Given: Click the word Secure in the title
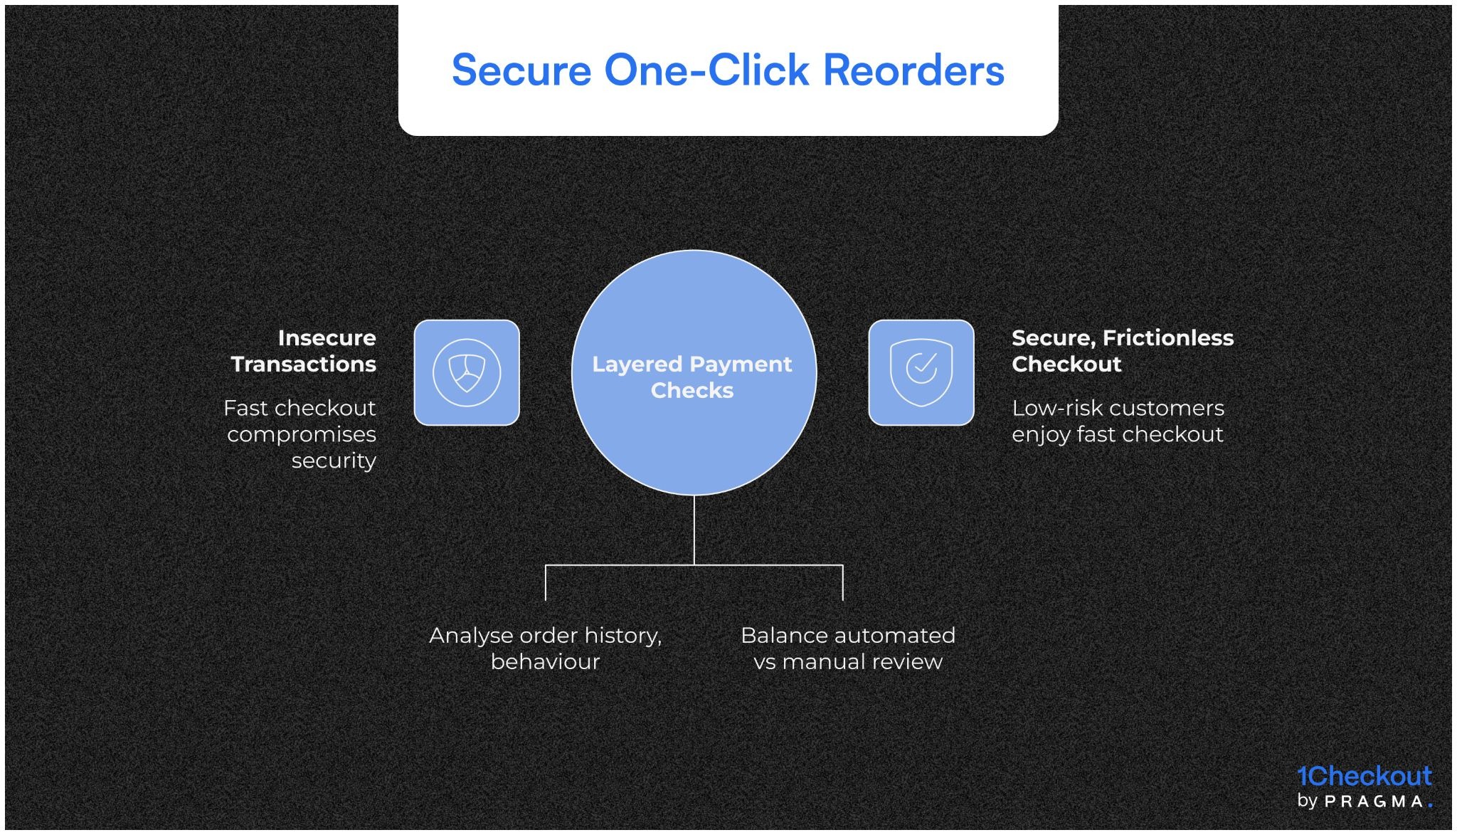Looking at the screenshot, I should (521, 70).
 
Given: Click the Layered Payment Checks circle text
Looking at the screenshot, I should (692, 377).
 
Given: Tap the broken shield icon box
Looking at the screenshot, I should (467, 372).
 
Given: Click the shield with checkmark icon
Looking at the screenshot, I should (921, 372).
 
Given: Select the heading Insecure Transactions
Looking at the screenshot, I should (304, 350).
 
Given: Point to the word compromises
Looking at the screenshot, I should (302, 434).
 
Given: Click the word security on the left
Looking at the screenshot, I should (333, 461).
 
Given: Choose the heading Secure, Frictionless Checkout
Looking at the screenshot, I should (1121, 350).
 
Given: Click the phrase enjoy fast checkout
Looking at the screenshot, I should (1117, 434).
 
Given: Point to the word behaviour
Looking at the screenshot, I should (545, 661).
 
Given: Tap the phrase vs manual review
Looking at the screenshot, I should (847, 661).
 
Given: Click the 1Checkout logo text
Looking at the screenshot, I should (1363, 776).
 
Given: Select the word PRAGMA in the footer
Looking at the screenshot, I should (1374, 802).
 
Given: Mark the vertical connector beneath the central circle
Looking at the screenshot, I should (694, 530).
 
